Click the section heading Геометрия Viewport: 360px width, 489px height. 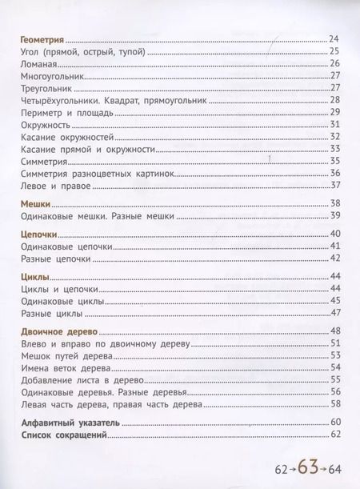point(40,38)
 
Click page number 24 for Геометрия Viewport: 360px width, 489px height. point(335,38)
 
